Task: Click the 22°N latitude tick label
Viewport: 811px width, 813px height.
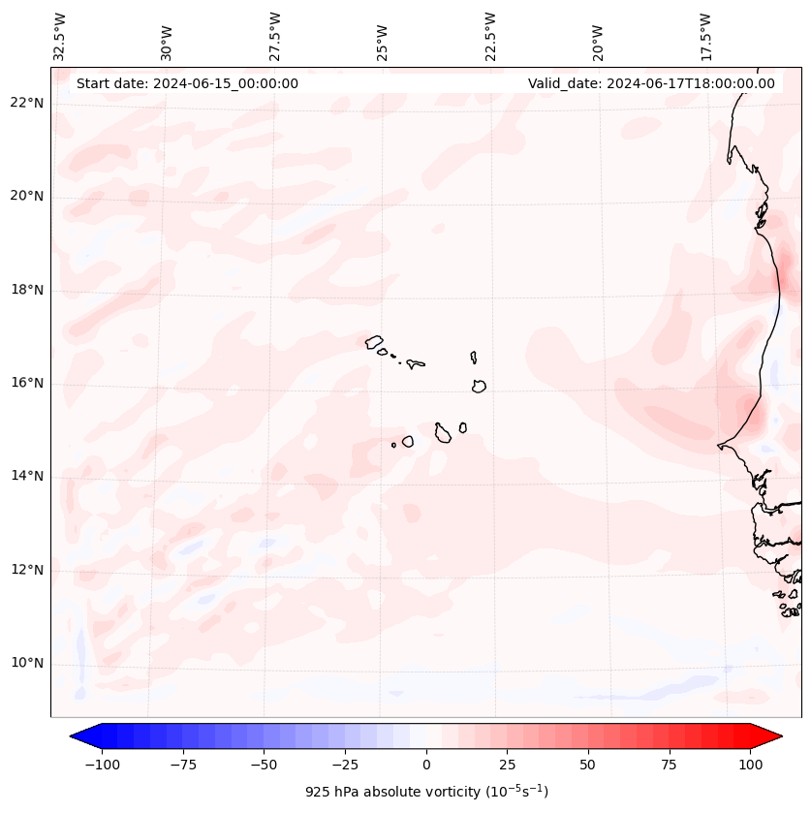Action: click(28, 103)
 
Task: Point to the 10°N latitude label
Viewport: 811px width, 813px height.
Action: click(28, 663)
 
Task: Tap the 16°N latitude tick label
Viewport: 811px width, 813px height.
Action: click(28, 383)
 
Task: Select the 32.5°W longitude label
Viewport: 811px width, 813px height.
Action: click(60, 37)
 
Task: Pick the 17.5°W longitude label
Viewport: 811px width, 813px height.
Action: click(705, 37)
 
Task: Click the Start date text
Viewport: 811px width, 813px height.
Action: click(187, 83)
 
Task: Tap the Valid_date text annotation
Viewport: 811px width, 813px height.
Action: click(651, 83)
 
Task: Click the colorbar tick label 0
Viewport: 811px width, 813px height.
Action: click(426, 765)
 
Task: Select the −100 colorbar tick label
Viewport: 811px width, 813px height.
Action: click(102, 765)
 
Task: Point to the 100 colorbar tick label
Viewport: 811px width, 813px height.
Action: click(750, 765)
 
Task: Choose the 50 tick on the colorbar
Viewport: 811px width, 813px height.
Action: click(588, 765)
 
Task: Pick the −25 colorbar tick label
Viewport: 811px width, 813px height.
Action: click(345, 765)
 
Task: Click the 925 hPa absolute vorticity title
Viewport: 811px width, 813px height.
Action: click(426, 792)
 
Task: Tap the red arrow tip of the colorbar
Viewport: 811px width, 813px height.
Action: click(770, 736)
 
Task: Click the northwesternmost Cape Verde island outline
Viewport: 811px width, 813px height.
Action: click(374, 341)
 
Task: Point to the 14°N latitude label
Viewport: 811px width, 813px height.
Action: click(28, 476)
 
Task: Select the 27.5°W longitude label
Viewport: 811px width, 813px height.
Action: click(275, 37)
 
